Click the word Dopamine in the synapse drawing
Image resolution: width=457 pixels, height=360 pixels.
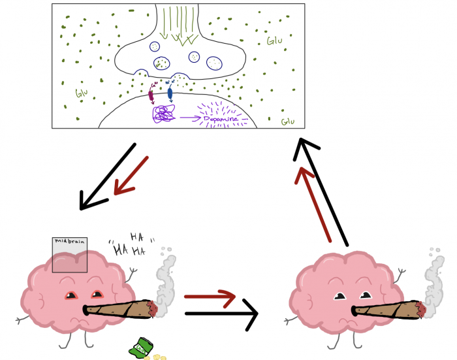[221, 118]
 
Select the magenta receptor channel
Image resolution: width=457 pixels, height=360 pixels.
[151, 95]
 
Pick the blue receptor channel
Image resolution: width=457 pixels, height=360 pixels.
[170, 93]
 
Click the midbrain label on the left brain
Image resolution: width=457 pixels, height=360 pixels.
[69, 242]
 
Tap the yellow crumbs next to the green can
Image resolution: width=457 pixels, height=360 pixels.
[159, 357]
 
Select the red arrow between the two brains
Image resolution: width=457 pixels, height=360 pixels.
[210, 297]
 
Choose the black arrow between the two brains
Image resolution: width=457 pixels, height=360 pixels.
[222, 314]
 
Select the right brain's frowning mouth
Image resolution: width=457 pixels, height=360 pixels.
[346, 323]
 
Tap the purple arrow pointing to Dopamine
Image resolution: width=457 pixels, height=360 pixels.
[189, 118]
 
